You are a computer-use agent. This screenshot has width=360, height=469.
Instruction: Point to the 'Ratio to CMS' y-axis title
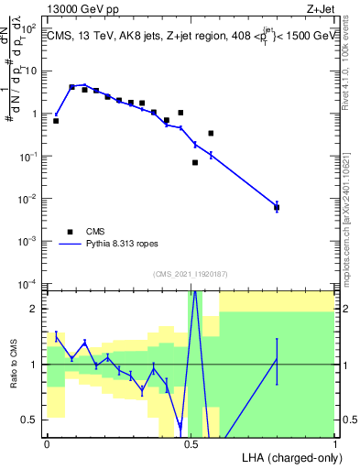pyautogui.click(x=14, y=376)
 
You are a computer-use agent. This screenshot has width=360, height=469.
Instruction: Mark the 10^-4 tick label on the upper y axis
pyautogui.click(x=28, y=283)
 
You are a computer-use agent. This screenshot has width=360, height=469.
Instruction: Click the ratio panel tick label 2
pyautogui.click(x=35, y=309)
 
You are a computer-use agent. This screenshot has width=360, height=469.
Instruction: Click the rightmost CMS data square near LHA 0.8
pyautogui.click(x=277, y=207)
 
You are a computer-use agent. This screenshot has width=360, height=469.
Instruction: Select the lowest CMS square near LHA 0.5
pyautogui.click(x=195, y=162)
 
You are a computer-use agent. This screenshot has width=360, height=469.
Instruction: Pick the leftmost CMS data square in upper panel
pyautogui.click(x=56, y=120)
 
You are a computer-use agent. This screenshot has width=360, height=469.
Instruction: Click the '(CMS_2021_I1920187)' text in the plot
pyautogui.click(x=191, y=273)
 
